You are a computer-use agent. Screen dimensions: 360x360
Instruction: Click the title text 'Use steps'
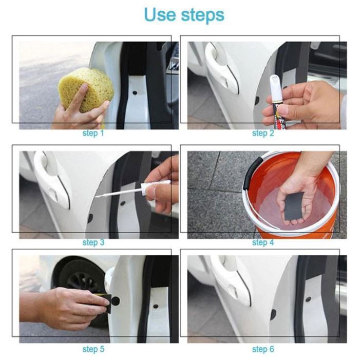tap(184, 15)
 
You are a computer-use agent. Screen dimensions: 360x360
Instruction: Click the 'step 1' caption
tap(93, 134)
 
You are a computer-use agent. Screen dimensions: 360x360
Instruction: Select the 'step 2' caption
tap(262, 134)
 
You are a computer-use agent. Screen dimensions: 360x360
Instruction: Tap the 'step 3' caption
tap(93, 242)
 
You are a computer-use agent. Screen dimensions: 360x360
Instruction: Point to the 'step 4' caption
tap(262, 242)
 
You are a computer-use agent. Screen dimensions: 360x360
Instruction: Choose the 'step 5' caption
tap(93, 349)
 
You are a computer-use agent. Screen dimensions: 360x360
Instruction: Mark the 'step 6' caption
tap(262, 349)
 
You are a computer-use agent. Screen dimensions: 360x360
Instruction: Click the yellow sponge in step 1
tap(86, 87)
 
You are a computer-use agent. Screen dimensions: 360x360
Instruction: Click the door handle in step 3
tap(51, 180)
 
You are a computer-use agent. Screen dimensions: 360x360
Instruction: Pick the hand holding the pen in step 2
tap(308, 105)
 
